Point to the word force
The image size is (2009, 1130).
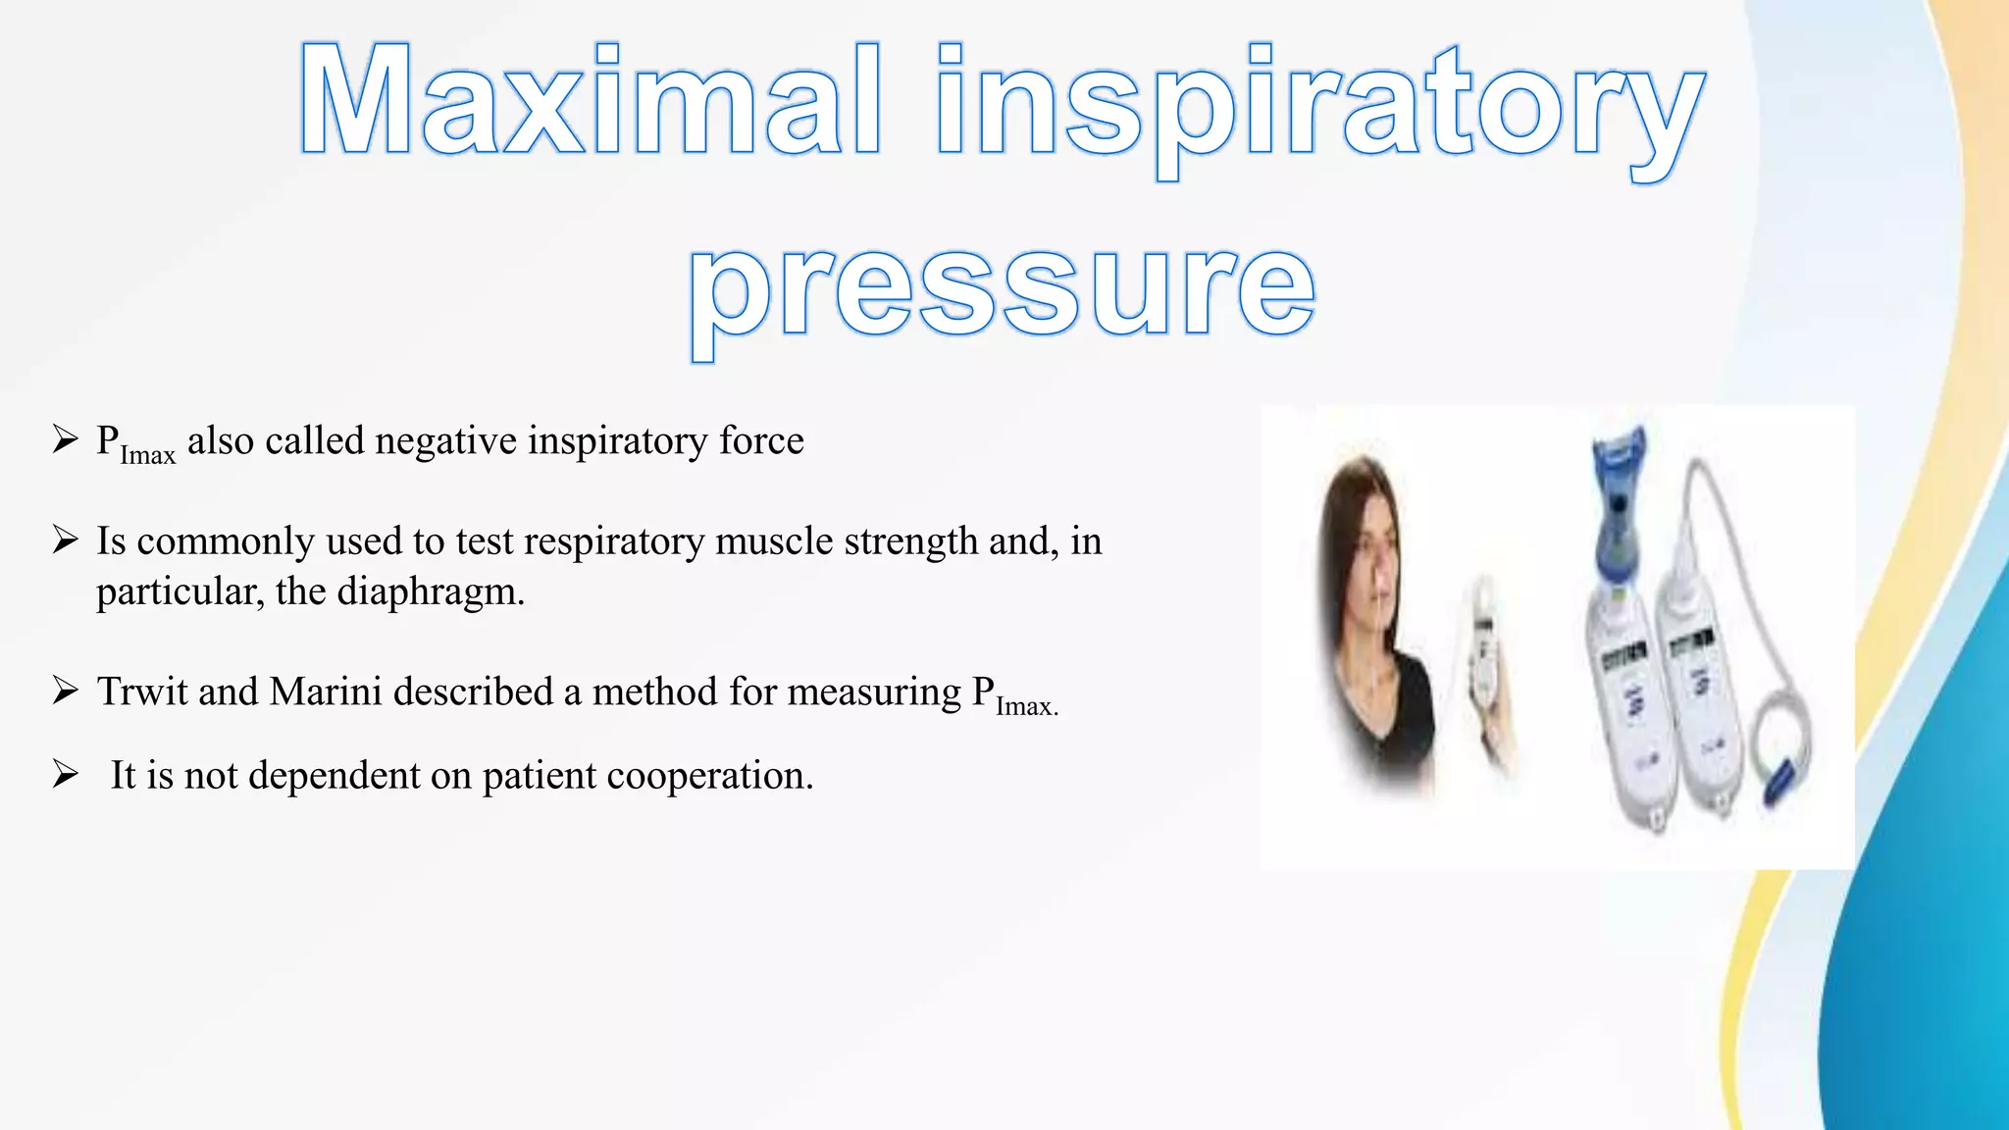761,441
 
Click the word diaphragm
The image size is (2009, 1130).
431,592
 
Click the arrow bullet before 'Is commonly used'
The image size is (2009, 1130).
66,540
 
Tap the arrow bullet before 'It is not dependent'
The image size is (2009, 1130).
66,775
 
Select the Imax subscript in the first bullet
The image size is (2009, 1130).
147,456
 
